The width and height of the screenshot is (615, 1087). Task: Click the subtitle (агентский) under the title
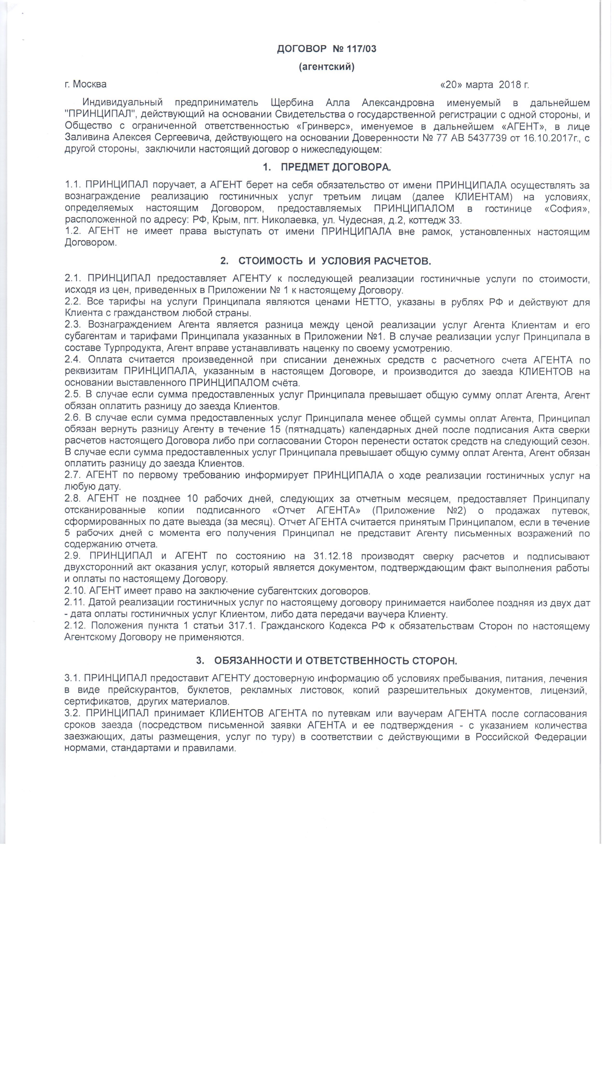(326, 67)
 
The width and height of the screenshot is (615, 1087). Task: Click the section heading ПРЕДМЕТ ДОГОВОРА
(336, 167)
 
